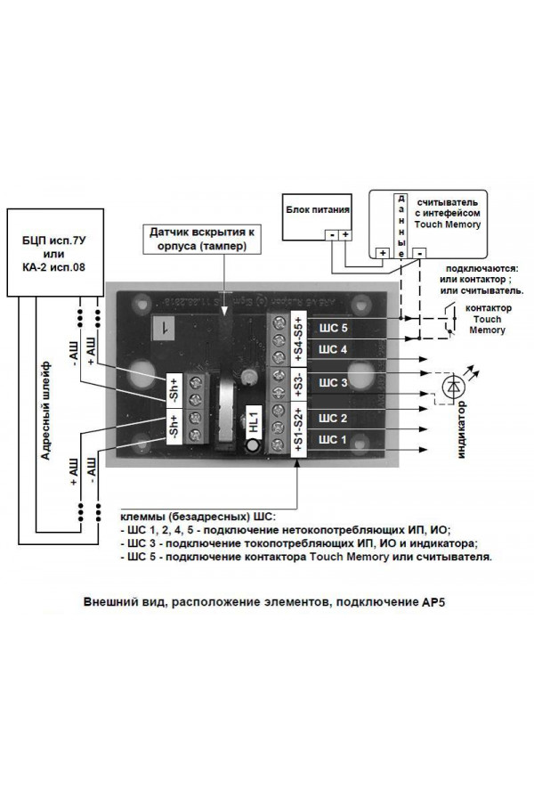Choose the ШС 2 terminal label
coord(332,417)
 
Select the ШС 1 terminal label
coord(332,439)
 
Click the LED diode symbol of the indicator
coord(455,386)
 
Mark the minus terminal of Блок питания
coord(329,235)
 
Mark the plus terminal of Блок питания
coord(345,235)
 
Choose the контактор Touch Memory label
coord(486,318)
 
